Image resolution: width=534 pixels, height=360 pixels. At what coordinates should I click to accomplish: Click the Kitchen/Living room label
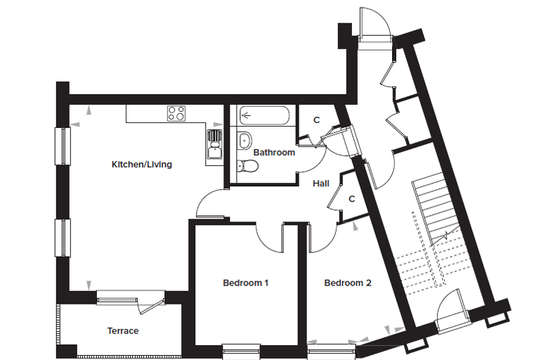tap(142, 165)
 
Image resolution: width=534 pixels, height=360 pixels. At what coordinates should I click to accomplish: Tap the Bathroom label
tap(274, 153)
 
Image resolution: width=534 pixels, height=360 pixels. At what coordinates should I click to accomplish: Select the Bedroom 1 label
tap(245, 283)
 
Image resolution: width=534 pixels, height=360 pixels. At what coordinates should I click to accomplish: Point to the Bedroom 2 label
tap(348, 283)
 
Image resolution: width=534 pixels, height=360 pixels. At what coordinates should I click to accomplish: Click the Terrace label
tap(123, 330)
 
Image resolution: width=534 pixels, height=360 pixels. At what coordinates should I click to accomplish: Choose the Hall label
tap(321, 184)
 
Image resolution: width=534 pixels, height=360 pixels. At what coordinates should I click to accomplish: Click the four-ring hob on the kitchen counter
tap(176, 113)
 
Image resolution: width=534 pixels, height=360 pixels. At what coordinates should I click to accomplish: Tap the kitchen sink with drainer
tap(214, 144)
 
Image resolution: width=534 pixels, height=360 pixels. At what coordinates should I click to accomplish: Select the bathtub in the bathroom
tap(265, 115)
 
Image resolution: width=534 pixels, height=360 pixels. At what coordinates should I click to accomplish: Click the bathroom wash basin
tap(245, 141)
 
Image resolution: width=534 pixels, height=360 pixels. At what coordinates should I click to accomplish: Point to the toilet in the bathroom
tap(247, 167)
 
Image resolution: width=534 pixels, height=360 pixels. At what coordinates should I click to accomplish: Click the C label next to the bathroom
tap(317, 120)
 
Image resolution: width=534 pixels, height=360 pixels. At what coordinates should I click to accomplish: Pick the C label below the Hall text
tap(352, 198)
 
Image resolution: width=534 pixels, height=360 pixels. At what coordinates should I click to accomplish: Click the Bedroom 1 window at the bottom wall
tap(241, 352)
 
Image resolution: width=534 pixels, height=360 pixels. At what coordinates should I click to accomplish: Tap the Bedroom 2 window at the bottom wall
tap(332, 352)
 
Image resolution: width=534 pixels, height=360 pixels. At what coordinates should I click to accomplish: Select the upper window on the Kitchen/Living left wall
tap(63, 146)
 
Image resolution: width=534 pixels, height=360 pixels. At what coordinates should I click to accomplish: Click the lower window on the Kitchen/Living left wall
tap(63, 238)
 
